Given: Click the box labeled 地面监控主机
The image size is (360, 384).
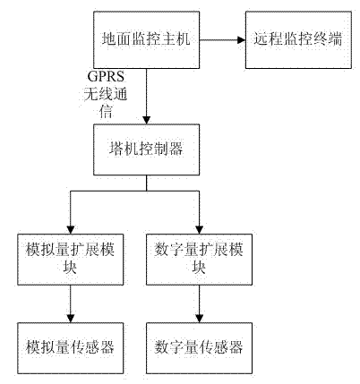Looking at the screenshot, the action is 146,39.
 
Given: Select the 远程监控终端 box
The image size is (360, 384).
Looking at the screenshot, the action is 298,39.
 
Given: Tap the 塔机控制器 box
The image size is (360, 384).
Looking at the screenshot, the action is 146,149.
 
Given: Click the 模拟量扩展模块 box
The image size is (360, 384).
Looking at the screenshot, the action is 70,260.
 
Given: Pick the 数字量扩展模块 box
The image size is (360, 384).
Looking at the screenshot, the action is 199,260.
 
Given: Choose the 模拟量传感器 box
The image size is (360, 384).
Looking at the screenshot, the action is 70,348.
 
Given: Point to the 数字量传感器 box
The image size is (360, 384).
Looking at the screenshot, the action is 199,348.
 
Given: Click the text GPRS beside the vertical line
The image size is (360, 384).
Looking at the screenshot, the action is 106,77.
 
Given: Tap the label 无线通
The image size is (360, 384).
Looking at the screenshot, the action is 106,94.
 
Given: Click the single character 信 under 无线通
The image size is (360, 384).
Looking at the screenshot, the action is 106,112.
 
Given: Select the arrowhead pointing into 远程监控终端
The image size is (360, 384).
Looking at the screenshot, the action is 241,39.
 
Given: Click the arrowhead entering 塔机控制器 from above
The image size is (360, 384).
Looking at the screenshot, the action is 146,120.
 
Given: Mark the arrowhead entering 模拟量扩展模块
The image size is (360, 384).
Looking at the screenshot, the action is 71,230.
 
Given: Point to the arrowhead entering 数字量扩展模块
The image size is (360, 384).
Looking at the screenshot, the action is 199,230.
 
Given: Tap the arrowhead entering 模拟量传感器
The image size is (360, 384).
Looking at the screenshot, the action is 71,319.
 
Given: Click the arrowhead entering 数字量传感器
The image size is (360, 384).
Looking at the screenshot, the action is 199,319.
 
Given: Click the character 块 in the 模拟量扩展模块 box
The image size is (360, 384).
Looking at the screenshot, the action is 70,268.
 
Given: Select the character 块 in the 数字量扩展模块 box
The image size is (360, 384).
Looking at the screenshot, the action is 199,268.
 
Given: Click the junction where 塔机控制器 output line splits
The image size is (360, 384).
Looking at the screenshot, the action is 146,191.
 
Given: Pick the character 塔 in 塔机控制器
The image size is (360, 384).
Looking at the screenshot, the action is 116,149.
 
